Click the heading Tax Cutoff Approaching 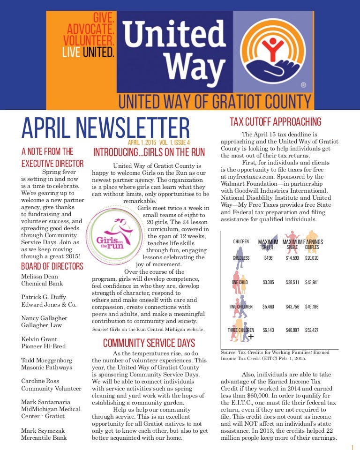coord(275,122)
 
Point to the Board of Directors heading coord(52,267)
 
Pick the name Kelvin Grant coord(39,339)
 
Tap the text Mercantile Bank coord(44,437)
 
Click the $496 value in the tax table coord(268,258)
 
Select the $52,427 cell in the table coord(312,330)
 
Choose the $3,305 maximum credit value coord(268,282)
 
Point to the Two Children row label coord(240,307)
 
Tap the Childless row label coord(241,258)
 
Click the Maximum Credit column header coord(268,244)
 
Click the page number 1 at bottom coord(352,448)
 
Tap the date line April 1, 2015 coord(142,142)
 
